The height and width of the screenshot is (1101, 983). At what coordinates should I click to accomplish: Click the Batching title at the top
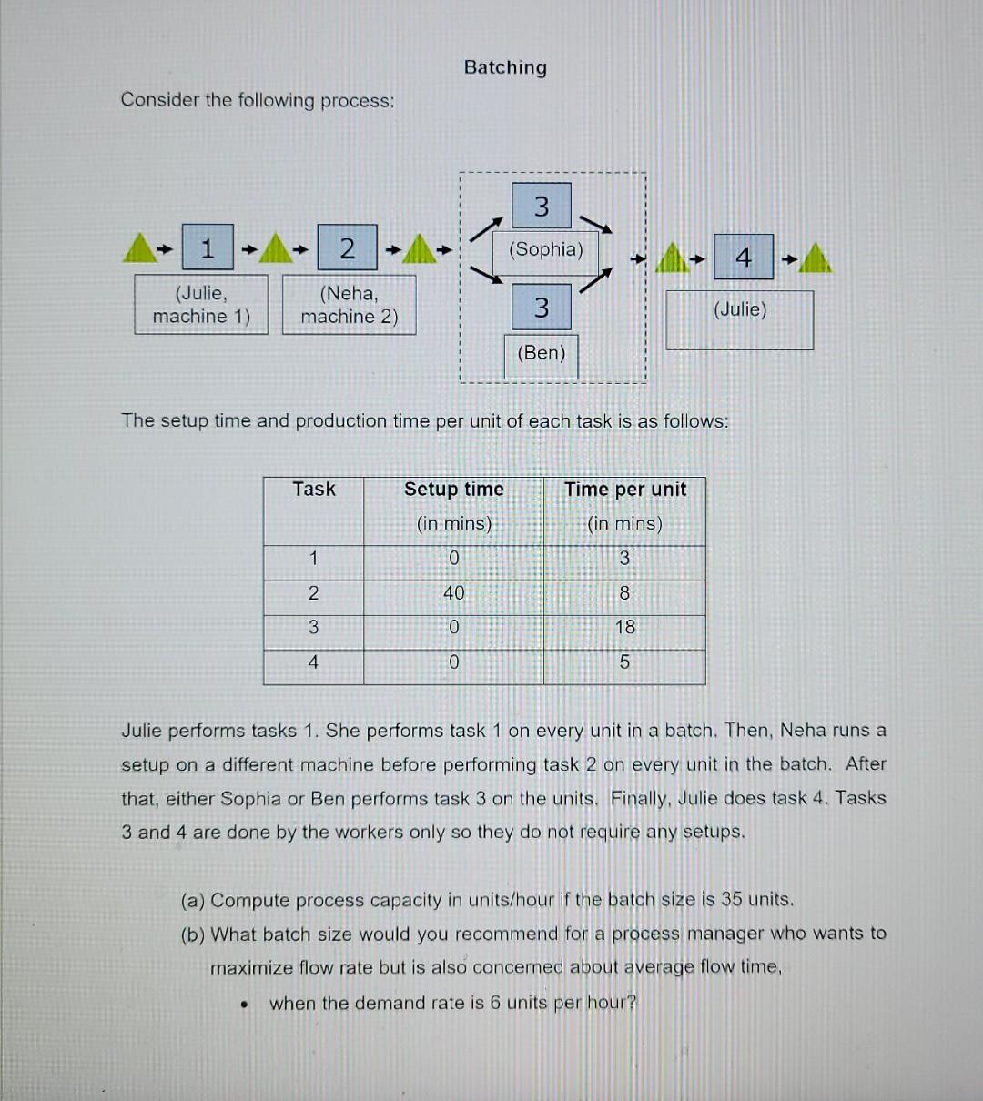(505, 67)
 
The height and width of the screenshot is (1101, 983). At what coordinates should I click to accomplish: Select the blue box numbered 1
(208, 247)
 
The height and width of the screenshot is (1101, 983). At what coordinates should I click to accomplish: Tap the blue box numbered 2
(347, 247)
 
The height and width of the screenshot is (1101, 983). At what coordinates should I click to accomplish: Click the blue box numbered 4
(744, 258)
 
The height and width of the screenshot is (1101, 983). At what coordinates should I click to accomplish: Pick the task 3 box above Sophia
(542, 206)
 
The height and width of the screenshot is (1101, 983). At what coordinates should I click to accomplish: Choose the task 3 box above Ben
(542, 308)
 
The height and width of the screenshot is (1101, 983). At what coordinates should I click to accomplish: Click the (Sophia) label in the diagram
(546, 249)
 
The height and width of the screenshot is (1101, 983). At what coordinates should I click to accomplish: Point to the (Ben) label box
(542, 353)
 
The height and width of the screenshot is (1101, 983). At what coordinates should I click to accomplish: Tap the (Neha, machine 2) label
(350, 305)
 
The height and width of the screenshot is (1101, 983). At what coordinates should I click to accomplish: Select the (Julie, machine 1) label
(201, 305)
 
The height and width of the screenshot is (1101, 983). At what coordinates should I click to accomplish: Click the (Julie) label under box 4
(740, 309)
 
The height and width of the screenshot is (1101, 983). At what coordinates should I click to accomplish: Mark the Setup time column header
(453, 490)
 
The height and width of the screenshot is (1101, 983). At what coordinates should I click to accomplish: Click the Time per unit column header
(625, 490)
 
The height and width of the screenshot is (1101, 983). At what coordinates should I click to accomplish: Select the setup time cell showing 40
(453, 593)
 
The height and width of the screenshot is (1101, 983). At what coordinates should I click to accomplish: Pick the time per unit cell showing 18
(625, 627)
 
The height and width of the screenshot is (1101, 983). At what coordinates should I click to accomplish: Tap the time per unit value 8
(624, 593)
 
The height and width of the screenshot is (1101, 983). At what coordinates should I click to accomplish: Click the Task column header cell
(314, 490)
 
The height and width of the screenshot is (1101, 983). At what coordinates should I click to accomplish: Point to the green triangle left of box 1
(138, 247)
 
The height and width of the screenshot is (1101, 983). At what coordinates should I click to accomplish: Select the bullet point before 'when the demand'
(244, 1005)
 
